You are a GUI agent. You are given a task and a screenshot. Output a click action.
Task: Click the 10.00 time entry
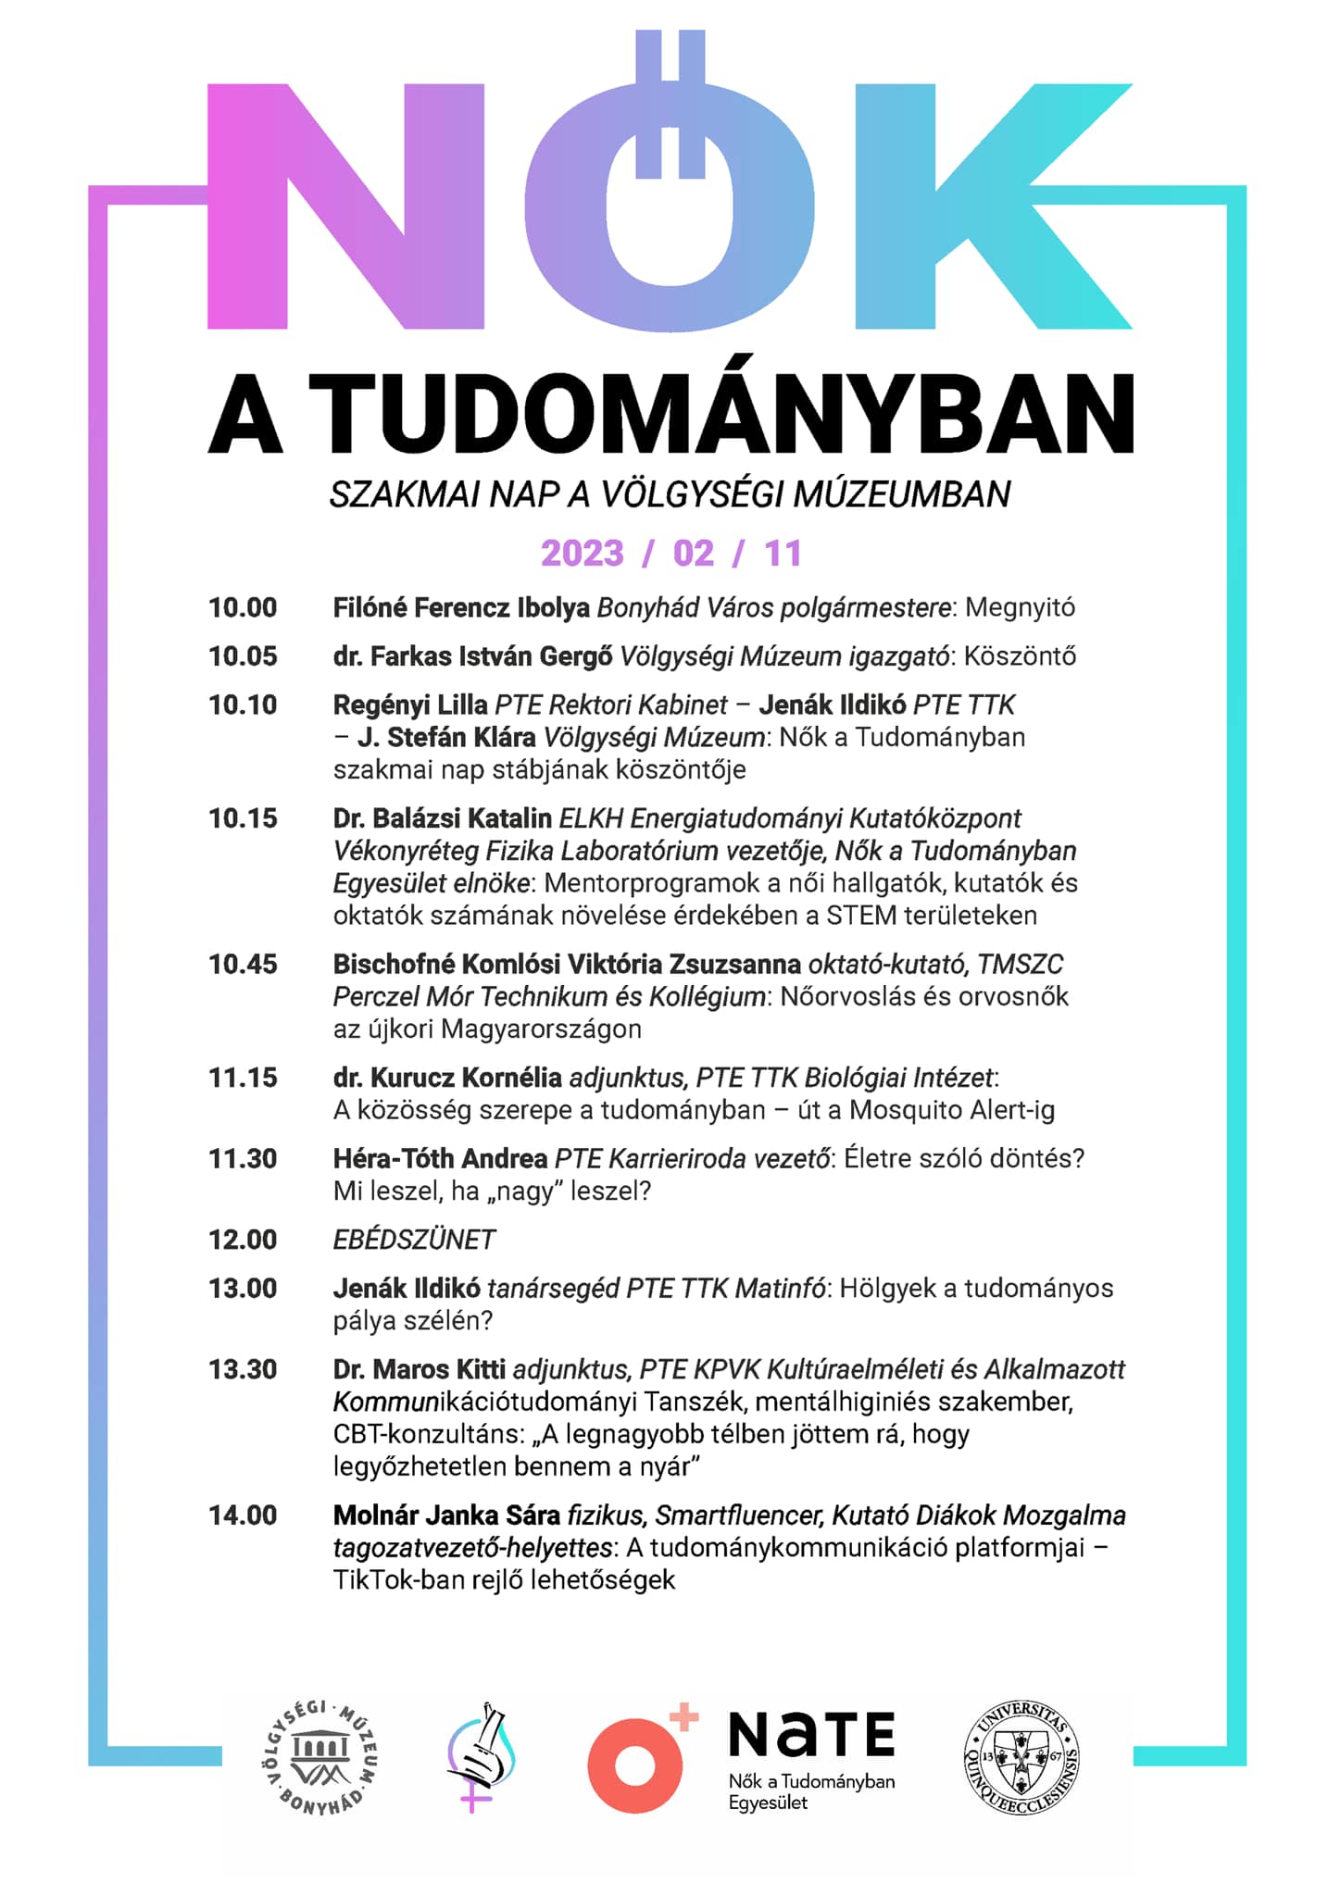point(243,608)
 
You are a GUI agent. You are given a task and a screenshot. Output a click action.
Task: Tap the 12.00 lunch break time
point(243,1240)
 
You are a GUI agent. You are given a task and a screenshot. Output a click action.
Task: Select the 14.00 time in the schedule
point(243,1516)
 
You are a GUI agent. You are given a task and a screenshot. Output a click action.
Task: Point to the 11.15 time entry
point(243,1078)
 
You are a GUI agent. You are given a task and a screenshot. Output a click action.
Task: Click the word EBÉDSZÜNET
point(414,1240)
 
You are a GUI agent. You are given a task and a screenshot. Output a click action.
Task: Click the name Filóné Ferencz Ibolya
point(461,608)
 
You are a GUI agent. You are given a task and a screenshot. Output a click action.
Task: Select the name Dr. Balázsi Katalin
point(442,818)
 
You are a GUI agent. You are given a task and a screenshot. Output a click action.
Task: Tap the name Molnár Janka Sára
point(446,1516)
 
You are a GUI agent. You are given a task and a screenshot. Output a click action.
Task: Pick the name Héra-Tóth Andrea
point(440,1159)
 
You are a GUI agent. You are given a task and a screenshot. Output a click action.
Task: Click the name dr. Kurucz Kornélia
point(447,1078)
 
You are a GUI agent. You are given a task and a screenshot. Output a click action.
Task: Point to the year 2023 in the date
point(583,554)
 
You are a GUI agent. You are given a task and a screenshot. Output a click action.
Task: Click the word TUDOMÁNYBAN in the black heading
point(721,414)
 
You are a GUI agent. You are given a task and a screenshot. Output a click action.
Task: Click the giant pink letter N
point(345,206)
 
